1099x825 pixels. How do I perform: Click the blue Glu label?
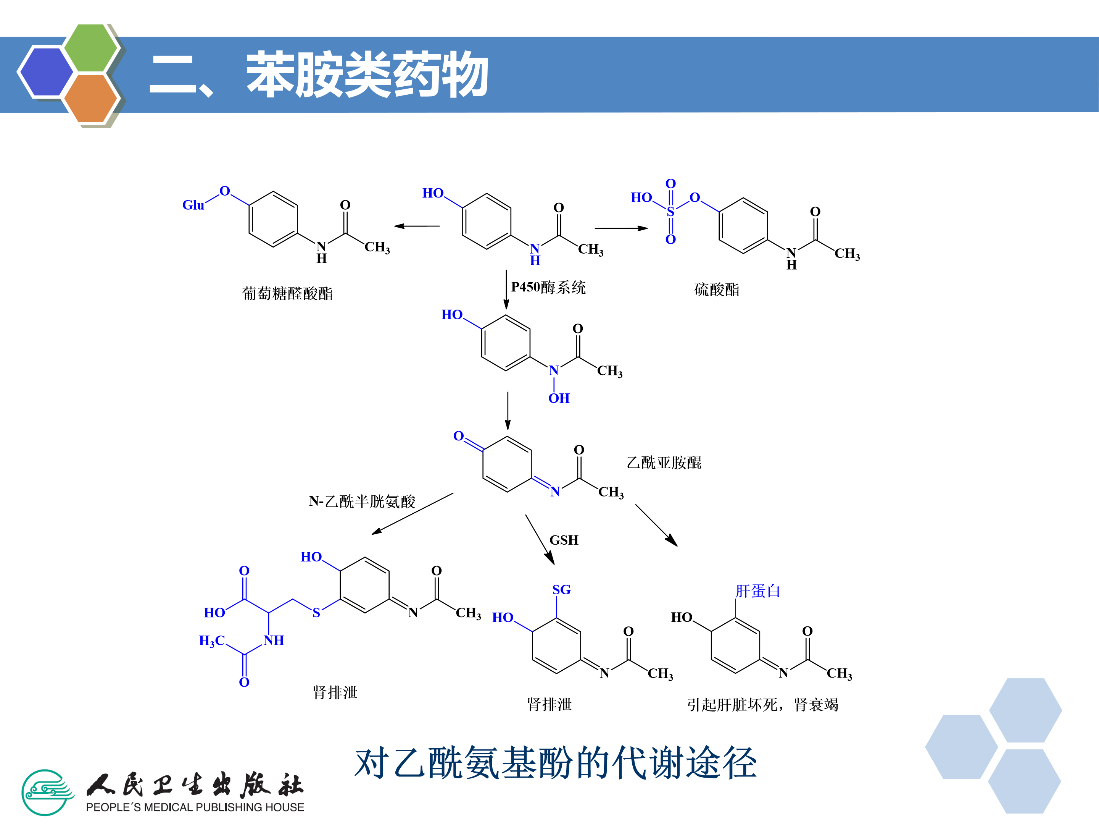coord(193,205)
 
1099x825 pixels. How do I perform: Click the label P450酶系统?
coord(548,288)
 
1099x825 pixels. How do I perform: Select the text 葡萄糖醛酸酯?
coord(287,293)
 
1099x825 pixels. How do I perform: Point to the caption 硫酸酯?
coord(716,290)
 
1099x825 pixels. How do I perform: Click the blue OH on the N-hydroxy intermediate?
coord(559,398)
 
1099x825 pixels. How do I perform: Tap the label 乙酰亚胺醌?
coord(664,463)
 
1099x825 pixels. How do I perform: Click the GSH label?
coord(564,540)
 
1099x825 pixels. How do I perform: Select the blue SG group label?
coord(561,590)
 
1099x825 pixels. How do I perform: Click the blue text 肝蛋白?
coord(758,591)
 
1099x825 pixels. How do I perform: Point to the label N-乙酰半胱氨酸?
coord(362,501)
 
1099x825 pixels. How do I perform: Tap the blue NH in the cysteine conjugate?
coord(274,641)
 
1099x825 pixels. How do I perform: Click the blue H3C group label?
coord(212,641)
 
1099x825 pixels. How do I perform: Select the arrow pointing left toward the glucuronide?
coord(417,226)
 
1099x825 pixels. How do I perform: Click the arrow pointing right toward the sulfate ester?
coord(621,228)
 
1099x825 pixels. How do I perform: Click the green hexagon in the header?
coord(90,48)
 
